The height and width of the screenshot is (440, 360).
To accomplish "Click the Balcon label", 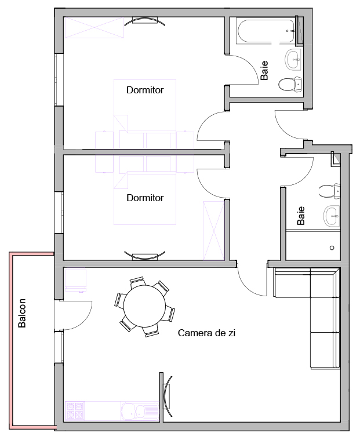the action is [x=22, y=313].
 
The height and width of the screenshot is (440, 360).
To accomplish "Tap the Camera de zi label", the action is [x=206, y=333].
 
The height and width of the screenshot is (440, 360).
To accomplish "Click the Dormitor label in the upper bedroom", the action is [x=145, y=90].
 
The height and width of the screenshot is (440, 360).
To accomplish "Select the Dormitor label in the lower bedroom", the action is [x=145, y=198].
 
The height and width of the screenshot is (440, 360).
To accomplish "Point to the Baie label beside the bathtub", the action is [x=264, y=70].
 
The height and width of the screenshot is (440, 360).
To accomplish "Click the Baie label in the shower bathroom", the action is [x=301, y=216].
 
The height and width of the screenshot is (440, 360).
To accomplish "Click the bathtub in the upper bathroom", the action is [x=266, y=31].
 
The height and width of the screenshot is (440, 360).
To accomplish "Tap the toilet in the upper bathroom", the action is [x=290, y=84].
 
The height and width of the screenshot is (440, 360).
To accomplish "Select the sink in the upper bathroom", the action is [x=293, y=59].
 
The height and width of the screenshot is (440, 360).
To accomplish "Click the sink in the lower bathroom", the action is [x=332, y=216].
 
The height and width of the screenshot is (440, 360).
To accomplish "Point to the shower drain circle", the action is [x=332, y=248].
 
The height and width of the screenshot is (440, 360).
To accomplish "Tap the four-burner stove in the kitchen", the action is [x=75, y=411].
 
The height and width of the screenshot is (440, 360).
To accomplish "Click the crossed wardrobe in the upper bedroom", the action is [x=94, y=27].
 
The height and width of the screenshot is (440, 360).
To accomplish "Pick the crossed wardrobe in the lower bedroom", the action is [x=213, y=230].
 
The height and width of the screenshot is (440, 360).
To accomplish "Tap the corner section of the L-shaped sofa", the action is [x=325, y=282].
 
